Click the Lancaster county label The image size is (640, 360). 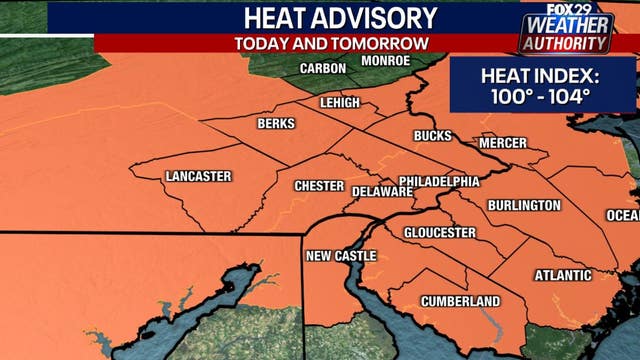pyautogui.click(x=198, y=177)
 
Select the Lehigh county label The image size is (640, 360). pyautogui.click(x=338, y=103)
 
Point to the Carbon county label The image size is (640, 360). pyautogui.click(x=323, y=68)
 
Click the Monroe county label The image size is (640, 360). pyautogui.click(x=385, y=61)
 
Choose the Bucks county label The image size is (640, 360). pyautogui.click(x=432, y=135)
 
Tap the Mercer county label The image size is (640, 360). pyautogui.click(x=502, y=143)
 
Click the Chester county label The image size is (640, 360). pyautogui.click(x=319, y=187)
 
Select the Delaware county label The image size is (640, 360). pyautogui.click(x=376, y=189)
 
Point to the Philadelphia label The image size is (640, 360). pyautogui.click(x=439, y=182)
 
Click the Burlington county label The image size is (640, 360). pyautogui.click(x=524, y=205)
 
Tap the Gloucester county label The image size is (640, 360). pyautogui.click(x=439, y=233)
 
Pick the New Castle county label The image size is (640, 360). pyautogui.click(x=341, y=256)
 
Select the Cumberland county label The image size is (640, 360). pyautogui.click(x=460, y=301)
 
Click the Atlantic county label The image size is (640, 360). pyautogui.click(x=563, y=275)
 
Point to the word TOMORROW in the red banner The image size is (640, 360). pyautogui.click(x=390, y=43)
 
